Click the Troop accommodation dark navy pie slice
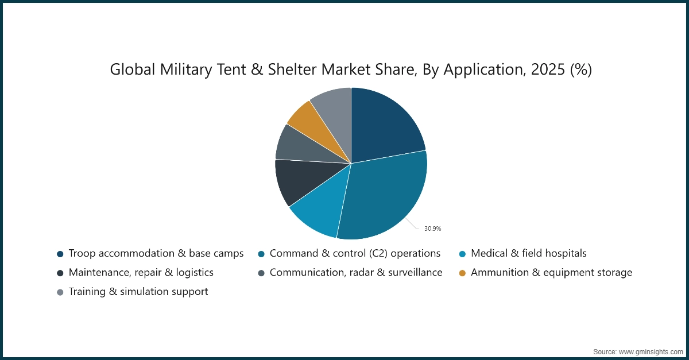coord(385,126)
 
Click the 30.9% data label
coord(432,229)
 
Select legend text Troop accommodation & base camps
coord(156,254)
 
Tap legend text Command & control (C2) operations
coord(355,254)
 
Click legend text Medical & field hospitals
coord(529,254)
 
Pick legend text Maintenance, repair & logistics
coord(141,273)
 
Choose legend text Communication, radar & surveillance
coord(356,273)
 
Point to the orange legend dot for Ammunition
coord(462,273)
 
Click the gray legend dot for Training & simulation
coord(60,292)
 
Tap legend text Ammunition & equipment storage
coord(552,273)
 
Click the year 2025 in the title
coord(548,69)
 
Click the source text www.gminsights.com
coord(651,352)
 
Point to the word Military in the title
coord(186,69)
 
